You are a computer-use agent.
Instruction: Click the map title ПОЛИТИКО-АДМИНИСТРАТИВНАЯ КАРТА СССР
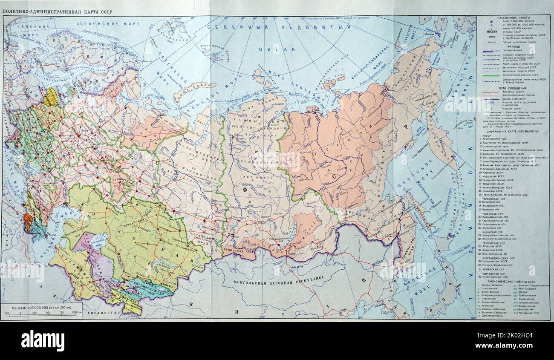pyautogui.click(x=57, y=12)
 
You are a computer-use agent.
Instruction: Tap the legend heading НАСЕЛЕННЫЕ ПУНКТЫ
pyautogui.click(x=505, y=18)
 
